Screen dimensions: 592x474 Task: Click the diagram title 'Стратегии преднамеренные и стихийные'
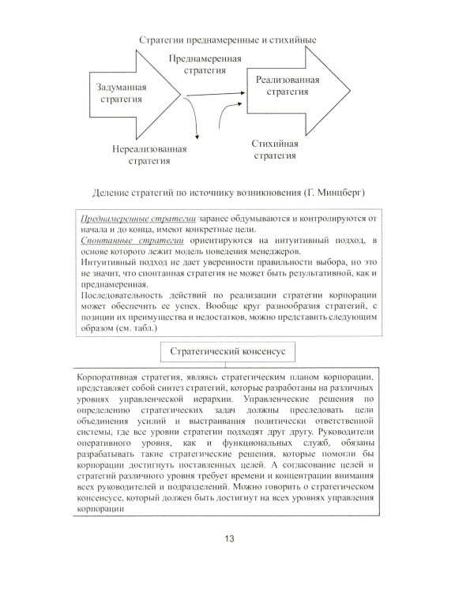227,39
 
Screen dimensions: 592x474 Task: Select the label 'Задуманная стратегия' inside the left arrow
120,94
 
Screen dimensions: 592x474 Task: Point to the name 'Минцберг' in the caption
348,193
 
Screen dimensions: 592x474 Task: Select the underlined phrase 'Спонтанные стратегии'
126,239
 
